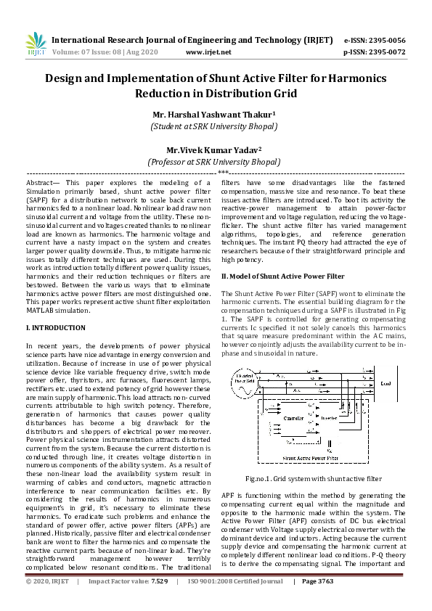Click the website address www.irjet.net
click(208, 52)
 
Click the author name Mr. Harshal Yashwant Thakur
click(213, 114)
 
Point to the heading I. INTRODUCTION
click(55, 328)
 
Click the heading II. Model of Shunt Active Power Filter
click(282, 276)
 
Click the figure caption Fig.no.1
click(313, 478)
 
